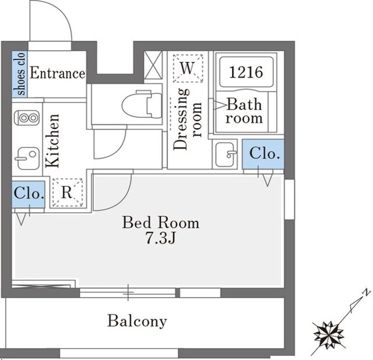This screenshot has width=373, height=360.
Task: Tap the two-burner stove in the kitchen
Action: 27,118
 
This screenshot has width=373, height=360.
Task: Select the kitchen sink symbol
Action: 27,158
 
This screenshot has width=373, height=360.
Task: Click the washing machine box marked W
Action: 188,69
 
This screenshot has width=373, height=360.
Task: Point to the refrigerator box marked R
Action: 68,193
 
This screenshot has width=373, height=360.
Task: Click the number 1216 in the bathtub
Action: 246,72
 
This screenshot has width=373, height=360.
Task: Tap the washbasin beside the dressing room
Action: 225,154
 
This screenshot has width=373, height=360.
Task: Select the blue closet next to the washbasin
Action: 263,154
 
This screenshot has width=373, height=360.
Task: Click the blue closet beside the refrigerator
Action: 29,194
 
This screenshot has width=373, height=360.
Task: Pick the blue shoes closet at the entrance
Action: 20,74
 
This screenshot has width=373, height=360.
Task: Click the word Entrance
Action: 57,73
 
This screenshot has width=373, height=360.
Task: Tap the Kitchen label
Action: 52,140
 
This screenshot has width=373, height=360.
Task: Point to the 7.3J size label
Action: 161,238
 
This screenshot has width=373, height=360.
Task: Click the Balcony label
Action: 137,321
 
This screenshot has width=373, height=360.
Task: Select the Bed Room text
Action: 161,223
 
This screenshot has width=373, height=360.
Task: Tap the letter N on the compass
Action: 367,292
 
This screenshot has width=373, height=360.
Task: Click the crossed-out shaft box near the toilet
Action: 153,65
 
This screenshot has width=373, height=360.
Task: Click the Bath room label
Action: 244,111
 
